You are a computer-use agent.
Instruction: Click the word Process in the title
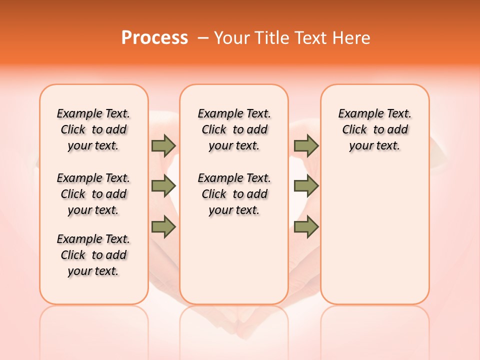(x=154, y=37)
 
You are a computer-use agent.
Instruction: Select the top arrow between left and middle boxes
(x=163, y=145)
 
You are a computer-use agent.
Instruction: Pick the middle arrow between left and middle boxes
(x=163, y=186)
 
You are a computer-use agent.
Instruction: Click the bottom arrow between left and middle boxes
(x=163, y=226)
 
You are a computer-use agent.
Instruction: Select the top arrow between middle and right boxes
(x=306, y=145)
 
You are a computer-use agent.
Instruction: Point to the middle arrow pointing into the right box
(x=306, y=186)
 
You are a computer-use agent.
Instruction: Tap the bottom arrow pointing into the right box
(x=306, y=226)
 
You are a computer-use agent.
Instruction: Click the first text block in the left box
(x=93, y=129)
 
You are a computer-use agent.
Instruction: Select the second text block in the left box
(x=93, y=194)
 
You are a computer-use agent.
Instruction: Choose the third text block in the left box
(x=93, y=255)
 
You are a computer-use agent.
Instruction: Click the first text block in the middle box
(x=234, y=129)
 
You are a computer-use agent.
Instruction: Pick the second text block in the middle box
(x=234, y=194)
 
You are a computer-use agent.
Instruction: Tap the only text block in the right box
(x=374, y=129)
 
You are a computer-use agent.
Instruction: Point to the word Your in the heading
(x=230, y=37)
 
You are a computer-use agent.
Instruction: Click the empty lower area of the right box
(x=374, y=240)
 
